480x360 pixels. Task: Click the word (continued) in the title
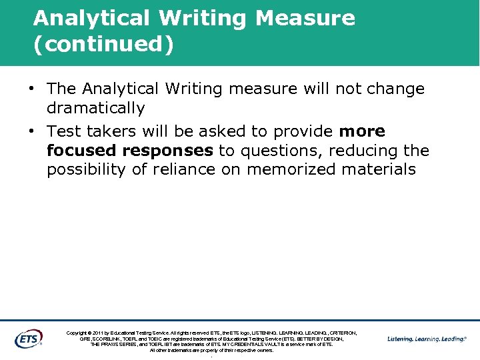click(103, 44)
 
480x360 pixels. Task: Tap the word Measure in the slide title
click(305, 18)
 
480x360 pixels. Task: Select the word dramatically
click(95, 107)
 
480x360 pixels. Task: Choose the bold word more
click(361, 131)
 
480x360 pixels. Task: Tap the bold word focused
click(81, 151)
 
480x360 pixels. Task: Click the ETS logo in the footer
click(28, 339)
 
